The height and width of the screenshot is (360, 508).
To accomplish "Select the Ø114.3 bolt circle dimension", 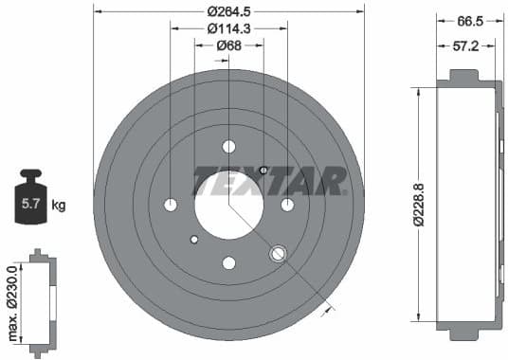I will coord(228,28).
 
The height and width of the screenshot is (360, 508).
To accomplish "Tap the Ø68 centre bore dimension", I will coord(228,45).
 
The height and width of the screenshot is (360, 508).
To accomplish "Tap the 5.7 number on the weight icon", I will coord(30,204).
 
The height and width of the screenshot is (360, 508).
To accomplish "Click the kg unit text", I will coord(59,205).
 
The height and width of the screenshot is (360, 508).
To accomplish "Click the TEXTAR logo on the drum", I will coord(270,178).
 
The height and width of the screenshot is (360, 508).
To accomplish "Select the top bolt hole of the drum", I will coord(228,147).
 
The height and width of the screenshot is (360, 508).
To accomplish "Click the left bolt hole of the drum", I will coord(171,205).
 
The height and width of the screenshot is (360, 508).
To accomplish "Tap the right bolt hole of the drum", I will coord(287,205).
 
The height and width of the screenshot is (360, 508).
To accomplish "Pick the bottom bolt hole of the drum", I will coord(228,263).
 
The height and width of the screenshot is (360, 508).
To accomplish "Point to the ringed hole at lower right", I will coord(279,254).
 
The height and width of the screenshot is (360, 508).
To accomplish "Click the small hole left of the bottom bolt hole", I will coord(194,239).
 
